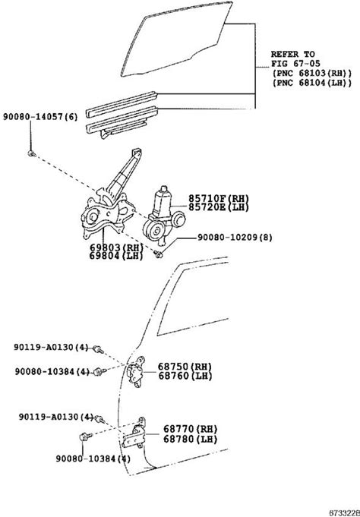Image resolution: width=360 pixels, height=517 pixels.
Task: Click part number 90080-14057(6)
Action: (x=40, y=117)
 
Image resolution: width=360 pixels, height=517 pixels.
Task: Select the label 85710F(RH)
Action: (x=219, y=198)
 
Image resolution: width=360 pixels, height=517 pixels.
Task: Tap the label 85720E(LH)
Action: (x=219, y=207)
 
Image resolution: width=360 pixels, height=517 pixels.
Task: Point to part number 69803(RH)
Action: (x=116, y=247)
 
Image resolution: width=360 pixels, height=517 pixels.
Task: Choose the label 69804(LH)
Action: (x=116, y=256)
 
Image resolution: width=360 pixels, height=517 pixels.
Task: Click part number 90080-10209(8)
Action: (x=235, y=238)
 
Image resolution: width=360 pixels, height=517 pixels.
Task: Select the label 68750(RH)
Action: (x=185, y=367)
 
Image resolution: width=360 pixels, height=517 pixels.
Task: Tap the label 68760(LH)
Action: (x=185, y=376)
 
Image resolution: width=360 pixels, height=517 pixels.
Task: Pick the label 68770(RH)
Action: (x=191, y=429)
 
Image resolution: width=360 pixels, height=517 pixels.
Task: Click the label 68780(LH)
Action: (x=191, y=439)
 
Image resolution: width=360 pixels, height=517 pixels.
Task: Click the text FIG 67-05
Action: (x=295, y=63)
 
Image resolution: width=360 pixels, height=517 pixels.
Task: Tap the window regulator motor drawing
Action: (x=163, y=217)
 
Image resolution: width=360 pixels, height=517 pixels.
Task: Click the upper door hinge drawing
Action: (x=136, y=372)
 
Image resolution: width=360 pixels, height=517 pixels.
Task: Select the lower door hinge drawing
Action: (x=134, y=433)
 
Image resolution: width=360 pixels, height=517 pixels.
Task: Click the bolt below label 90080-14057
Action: (x=32, y=153)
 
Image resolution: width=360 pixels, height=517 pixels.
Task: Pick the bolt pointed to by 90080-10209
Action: (x=159, y=254)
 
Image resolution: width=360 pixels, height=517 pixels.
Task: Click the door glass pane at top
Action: (x=176, y=39)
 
